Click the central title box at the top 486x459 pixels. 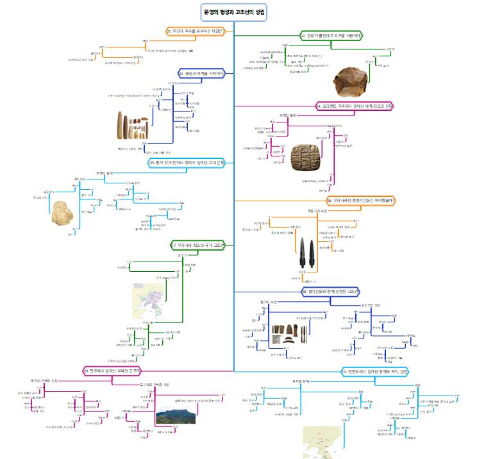[x=234, y=12]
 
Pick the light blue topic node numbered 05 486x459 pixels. [x=186, y=162]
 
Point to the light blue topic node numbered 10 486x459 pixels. [x=374, y=371]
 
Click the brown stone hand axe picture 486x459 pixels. [x=351, y=79]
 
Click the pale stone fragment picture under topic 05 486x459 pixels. [x=63, y=213]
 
